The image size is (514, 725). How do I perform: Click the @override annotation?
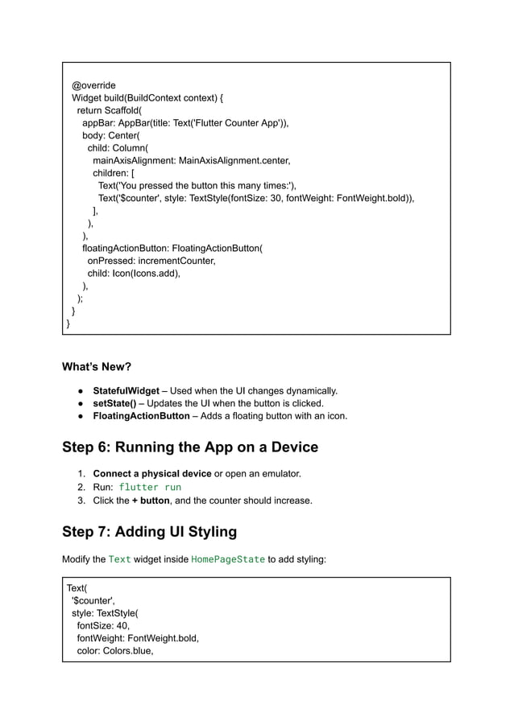point(93,85)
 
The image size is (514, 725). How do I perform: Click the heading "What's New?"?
point(97,367)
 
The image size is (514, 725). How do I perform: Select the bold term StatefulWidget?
point(126,391)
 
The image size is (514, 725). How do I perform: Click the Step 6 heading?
point(190,447)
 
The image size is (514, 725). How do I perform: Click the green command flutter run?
point(150,487)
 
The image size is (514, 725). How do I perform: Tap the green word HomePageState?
point(228,559)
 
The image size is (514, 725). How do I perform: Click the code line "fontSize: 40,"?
point(103,625)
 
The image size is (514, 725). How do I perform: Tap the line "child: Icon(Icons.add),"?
point(134,273)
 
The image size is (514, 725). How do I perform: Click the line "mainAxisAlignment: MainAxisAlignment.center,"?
point(191,160)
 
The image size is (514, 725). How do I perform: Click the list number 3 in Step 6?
point(81,500)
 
